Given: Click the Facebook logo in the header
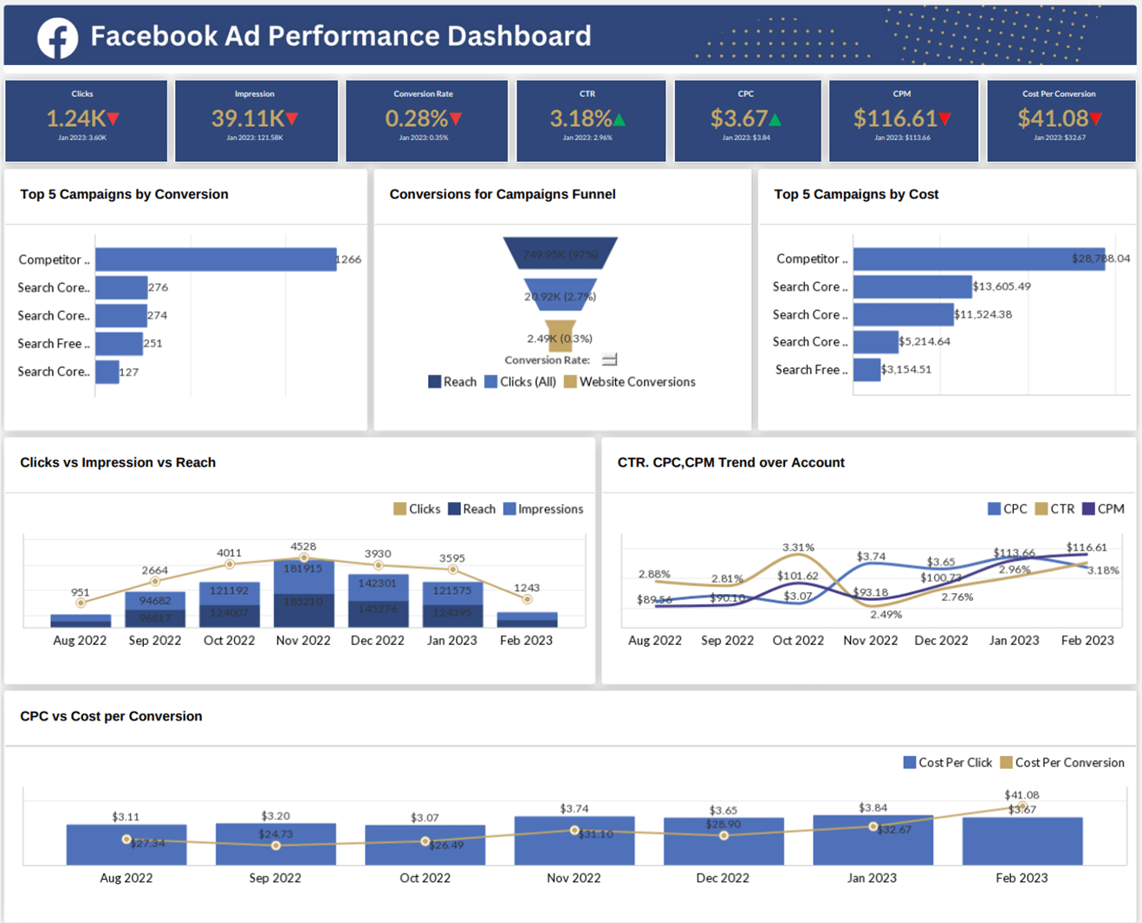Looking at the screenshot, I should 57,37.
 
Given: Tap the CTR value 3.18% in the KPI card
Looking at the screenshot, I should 581,119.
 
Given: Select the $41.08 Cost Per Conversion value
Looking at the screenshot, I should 1052,119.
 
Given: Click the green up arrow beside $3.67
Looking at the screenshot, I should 775,119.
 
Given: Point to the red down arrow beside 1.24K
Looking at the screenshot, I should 114,119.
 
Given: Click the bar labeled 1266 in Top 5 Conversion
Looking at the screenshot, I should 216,260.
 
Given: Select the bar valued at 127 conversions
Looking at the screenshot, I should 107,371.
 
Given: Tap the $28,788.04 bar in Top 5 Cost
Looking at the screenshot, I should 978,259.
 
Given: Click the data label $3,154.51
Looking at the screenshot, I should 906,370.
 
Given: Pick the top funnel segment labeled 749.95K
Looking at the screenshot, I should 560,254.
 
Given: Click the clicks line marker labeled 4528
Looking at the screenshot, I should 303,558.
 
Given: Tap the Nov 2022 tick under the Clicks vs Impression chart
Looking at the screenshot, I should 303,641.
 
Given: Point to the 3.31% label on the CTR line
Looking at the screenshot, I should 798,547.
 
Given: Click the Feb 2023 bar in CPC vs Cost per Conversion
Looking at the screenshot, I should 1022,841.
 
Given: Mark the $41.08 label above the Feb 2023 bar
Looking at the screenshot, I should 1022,795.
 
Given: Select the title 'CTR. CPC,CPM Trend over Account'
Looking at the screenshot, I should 730,462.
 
